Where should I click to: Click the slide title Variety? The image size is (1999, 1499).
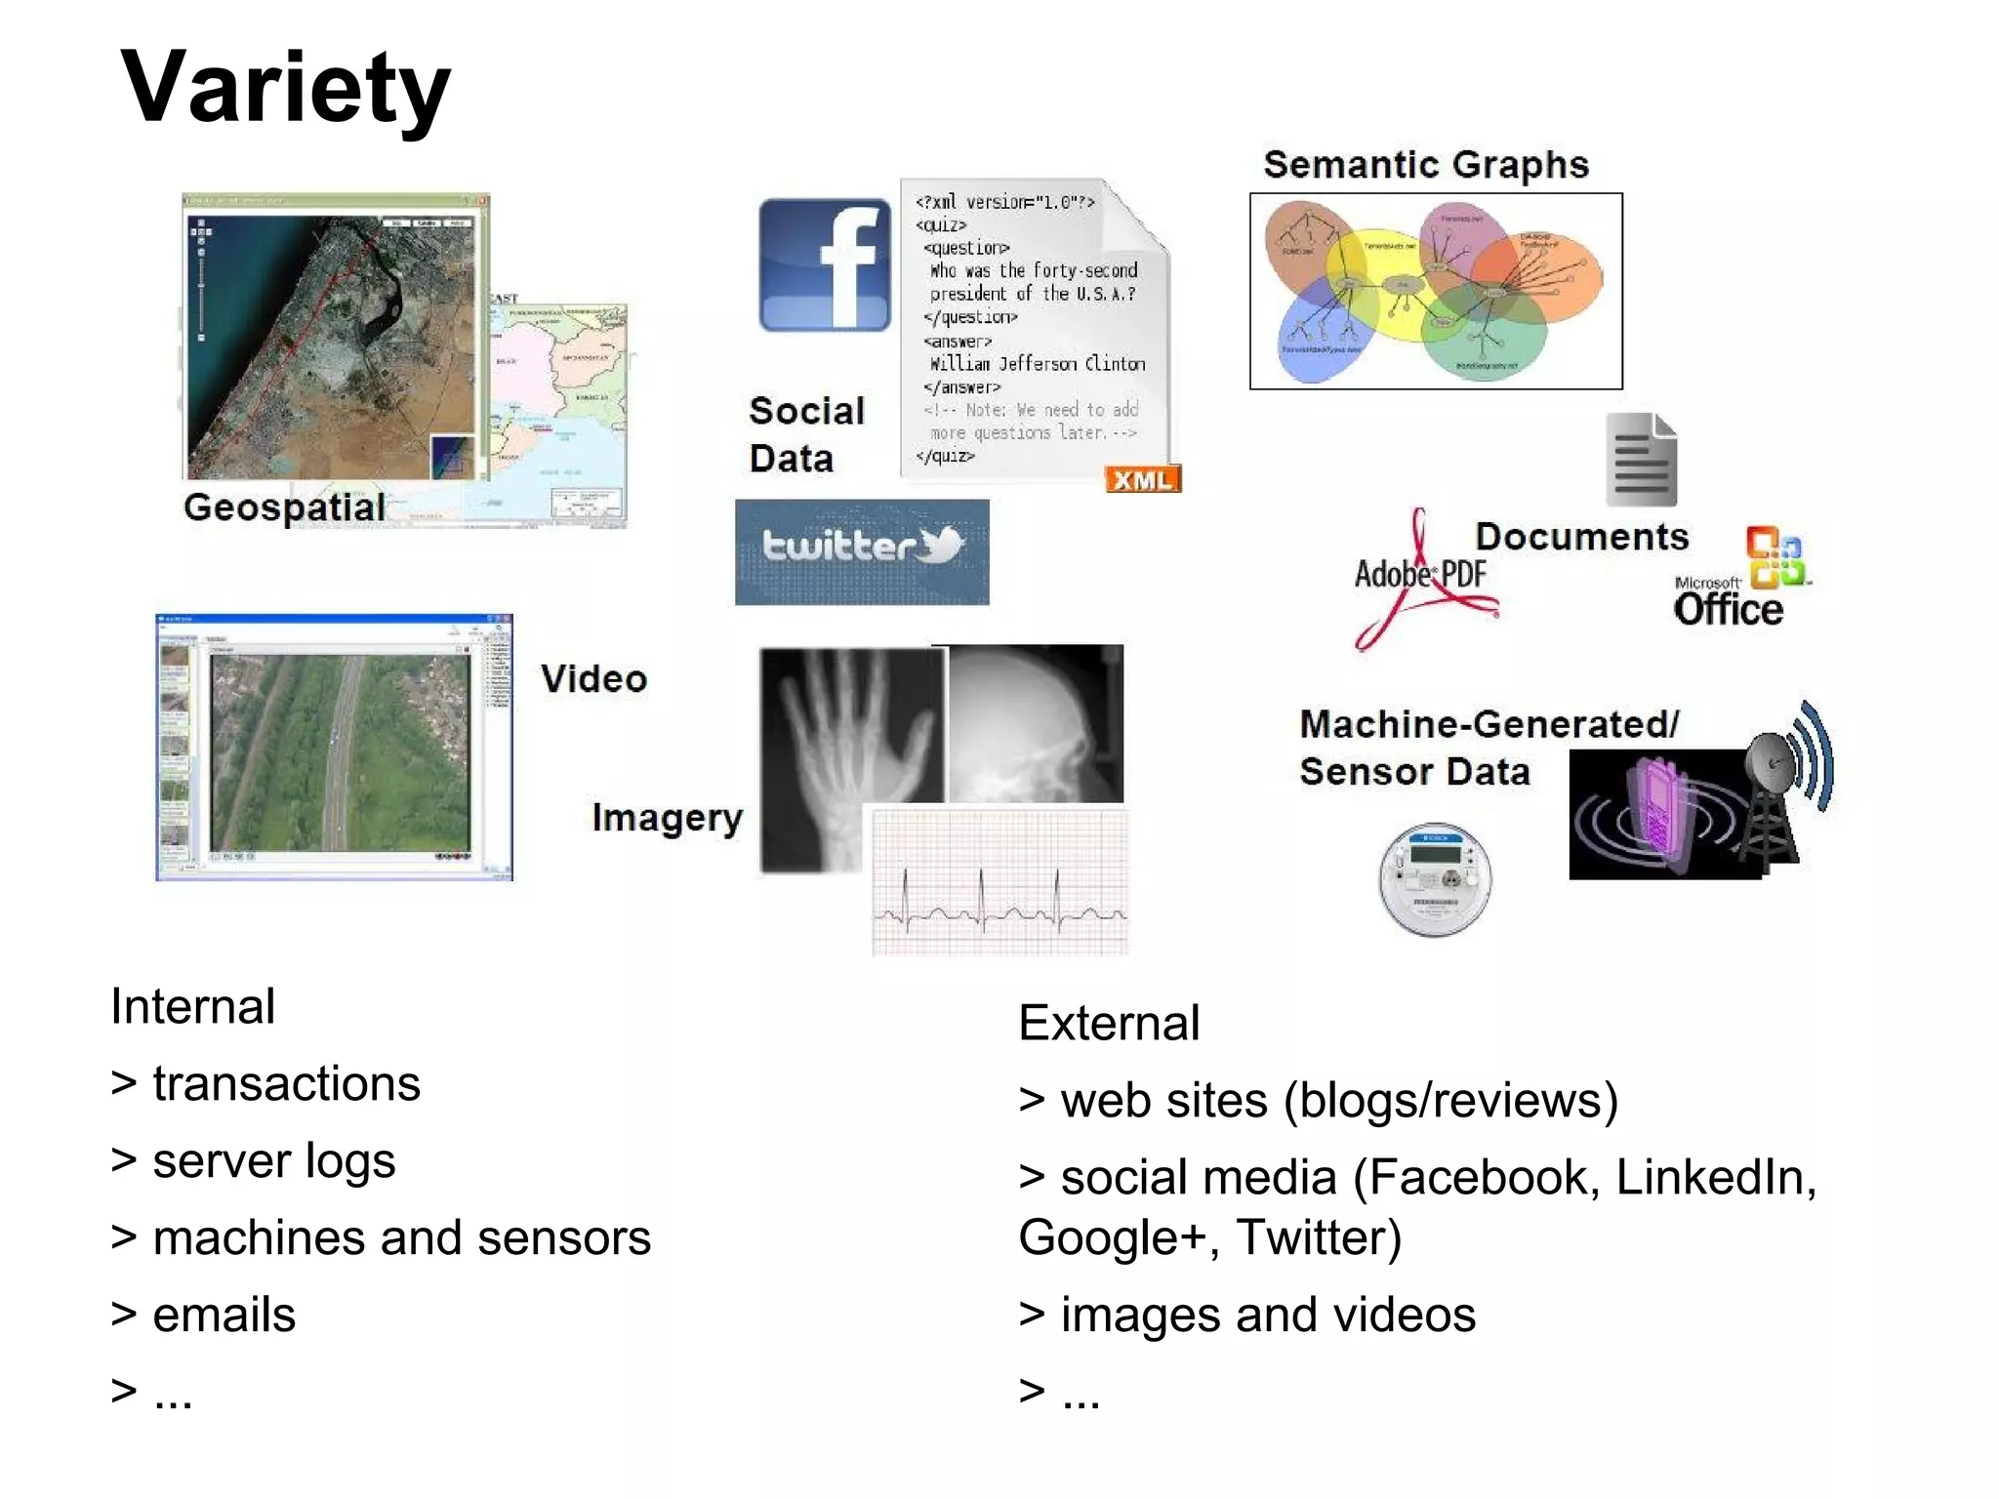[x=285, y=88]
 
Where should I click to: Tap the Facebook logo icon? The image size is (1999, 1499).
[x=825, y=264]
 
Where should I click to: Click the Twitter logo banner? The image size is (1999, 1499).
[x=862, y=551]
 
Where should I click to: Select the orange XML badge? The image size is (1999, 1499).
[x=1142, y=479]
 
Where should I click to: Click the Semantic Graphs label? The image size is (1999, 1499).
[x=1426, y=165]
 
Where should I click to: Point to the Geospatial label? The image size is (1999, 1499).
[x=284, y=507]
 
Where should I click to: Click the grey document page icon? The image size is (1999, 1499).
[x=1641, y=460]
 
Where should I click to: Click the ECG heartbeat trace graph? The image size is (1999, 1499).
[x=999, y=882]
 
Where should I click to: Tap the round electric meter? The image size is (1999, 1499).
[x=1434, y=879]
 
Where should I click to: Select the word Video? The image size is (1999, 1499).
[x=594, y=679]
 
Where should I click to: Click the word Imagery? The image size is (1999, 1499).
[x=667, y=818]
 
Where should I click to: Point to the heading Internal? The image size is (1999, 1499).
[x=193, y=1006]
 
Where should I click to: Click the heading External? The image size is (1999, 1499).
[x=1109, y=1023]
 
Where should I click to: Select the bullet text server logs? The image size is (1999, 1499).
[x=274, y=1160]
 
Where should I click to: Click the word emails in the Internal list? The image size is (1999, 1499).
[x=224, y=1315]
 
